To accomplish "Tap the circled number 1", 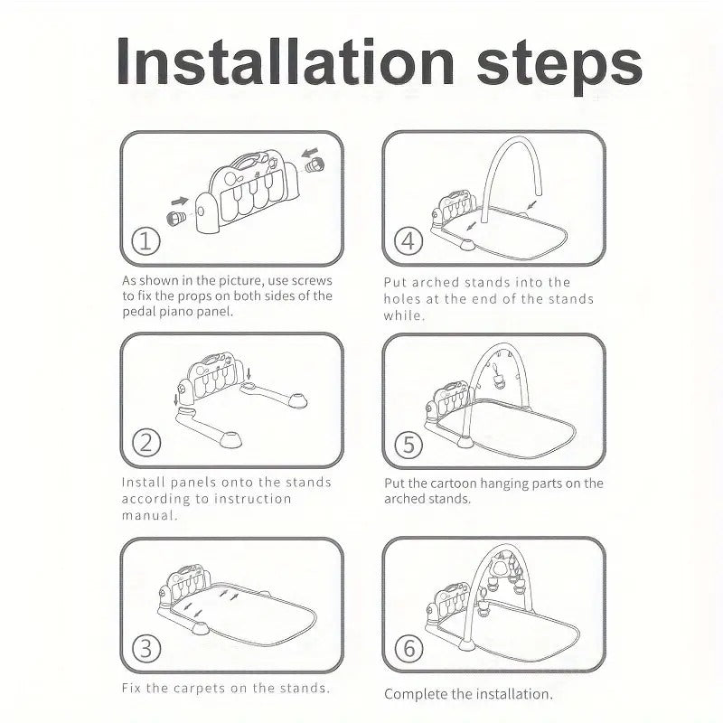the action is tap(146, 241).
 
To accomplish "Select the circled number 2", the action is tap(146, 443).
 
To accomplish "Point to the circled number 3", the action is tap(146, 648).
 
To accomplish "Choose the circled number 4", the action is tap(408, 241).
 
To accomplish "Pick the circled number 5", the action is tap(408, 445).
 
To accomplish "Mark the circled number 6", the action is tap(408, 648).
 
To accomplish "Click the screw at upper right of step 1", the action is tap(315, 164).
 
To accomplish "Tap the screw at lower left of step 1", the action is tap(175, 218).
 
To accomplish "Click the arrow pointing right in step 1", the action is tap(180, 201).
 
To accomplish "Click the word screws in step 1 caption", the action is tap(312, 281).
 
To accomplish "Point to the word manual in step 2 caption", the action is tap(149, 515).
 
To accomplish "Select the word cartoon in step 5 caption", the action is tap(455, 484).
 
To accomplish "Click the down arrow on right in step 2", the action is tap(249, 373).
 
